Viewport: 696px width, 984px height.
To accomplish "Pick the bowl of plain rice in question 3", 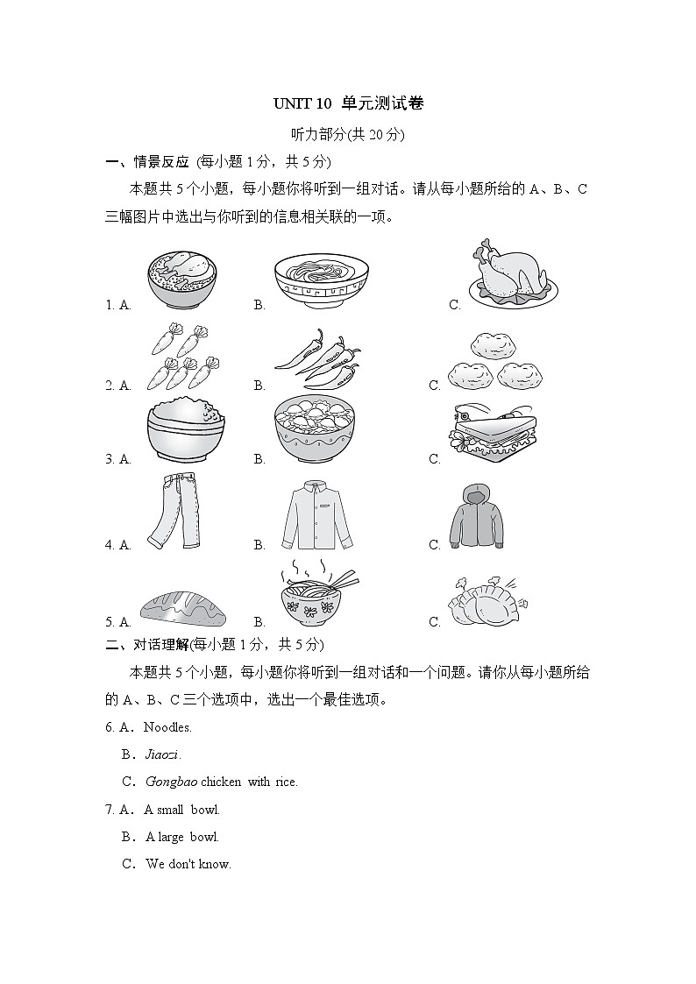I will [185, 432].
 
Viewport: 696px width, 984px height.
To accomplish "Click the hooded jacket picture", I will [478, 517].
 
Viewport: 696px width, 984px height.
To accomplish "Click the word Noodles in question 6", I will [167, 727].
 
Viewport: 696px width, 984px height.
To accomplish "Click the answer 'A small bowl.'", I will [182, 810].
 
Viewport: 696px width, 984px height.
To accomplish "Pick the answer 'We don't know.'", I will [188, 864].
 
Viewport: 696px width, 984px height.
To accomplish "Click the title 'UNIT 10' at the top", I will [302, 103].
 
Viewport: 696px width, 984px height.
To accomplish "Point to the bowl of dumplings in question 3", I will [318, 429].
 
